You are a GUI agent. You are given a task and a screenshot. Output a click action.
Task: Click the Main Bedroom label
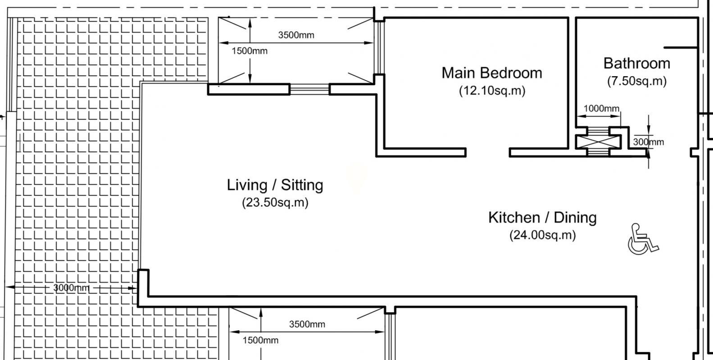[x=492, y=73]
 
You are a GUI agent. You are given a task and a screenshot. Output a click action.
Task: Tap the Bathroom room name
[x=636, y=64]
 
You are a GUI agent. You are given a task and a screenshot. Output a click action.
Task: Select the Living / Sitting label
[x=275, y=185]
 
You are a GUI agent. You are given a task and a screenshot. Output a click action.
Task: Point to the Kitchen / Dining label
[x=542, y=218]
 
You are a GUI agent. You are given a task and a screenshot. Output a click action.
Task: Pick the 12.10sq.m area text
[x=492, y=91]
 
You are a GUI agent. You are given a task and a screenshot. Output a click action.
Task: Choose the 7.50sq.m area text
[x=637, y=81]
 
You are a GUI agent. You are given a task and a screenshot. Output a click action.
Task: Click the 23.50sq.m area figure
[x=275, y=202]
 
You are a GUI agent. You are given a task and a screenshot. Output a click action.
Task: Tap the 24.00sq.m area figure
[x=543, y=235]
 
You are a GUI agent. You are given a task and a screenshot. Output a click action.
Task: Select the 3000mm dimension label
[x=71, y=288]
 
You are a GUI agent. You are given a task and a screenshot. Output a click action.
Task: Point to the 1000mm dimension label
[x=601, y=109]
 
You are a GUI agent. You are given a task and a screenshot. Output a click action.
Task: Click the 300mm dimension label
[x=649, y=142]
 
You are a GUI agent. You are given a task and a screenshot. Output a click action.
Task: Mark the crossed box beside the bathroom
[x=598, y=141]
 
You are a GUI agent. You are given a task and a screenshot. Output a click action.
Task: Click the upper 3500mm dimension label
[x=296, y=35]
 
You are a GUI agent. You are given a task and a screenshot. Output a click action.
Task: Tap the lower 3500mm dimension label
[x=307, y=324]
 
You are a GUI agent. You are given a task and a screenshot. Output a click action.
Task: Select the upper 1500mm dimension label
[x=250, y=51]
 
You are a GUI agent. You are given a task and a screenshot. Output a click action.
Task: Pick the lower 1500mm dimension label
[x=260, y=340]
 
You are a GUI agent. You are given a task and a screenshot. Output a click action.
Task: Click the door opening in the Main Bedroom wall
[x=488, y=152]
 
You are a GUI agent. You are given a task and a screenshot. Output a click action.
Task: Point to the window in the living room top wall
[x=309, y=90]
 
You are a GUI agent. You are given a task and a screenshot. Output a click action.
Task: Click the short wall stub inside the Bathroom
[x=681, y=48]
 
